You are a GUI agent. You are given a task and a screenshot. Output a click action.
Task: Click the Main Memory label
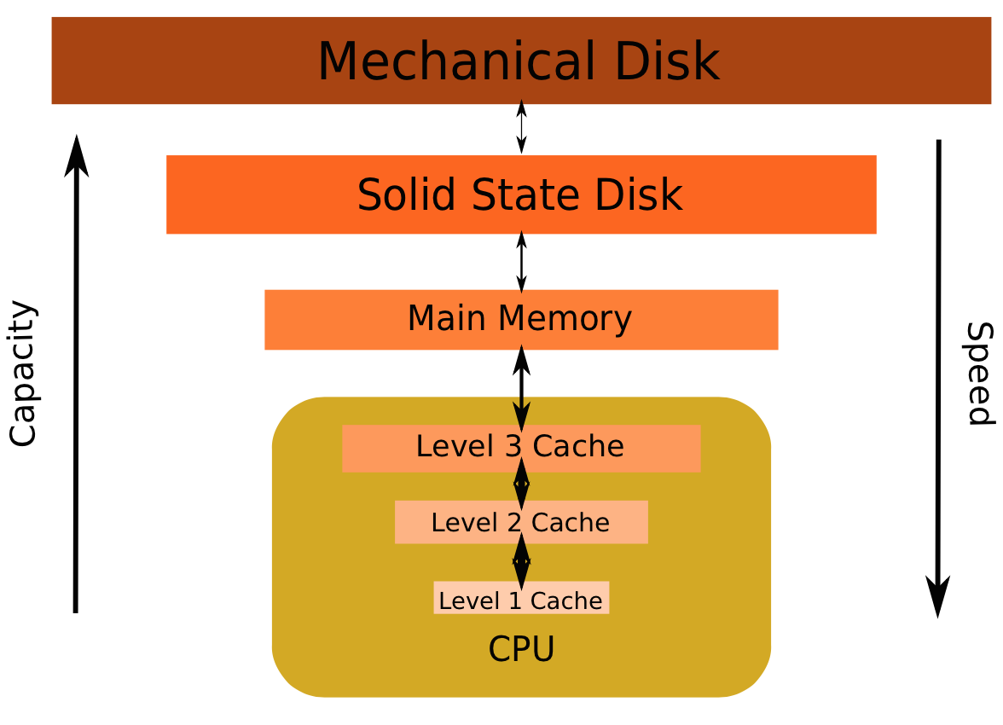coord(519,319)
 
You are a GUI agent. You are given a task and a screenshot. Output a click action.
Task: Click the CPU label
coord(521,650)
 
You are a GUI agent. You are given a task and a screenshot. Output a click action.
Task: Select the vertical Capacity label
coord(23,374)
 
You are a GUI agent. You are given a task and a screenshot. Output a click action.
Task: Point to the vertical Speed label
coord(980,374)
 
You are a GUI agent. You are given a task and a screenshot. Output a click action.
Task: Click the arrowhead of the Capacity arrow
coord(77,154)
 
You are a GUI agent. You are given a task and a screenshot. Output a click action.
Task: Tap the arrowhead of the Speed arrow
coord(938,597)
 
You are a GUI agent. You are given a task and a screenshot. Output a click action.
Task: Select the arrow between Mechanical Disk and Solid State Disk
coord(521,128)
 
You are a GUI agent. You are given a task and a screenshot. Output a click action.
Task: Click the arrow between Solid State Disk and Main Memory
coord(521,261)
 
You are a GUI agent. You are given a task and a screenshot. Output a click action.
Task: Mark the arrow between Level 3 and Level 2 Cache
coord(521,484)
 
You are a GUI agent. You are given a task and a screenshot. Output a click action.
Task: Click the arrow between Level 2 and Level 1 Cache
coord(521,561)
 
